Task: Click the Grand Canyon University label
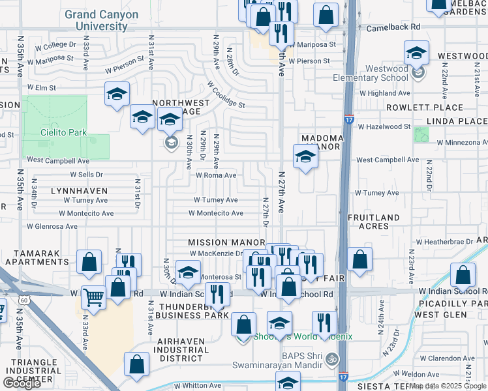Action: tap(101, 20)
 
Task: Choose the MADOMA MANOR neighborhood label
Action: tap(322, 142)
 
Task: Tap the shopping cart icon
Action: tap(94, 297)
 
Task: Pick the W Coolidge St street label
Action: tap(226, 94)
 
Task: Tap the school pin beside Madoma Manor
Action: tap(305, 157)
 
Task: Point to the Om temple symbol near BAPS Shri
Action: tap(331, 359)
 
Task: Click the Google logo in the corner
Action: tap(22, 383)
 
